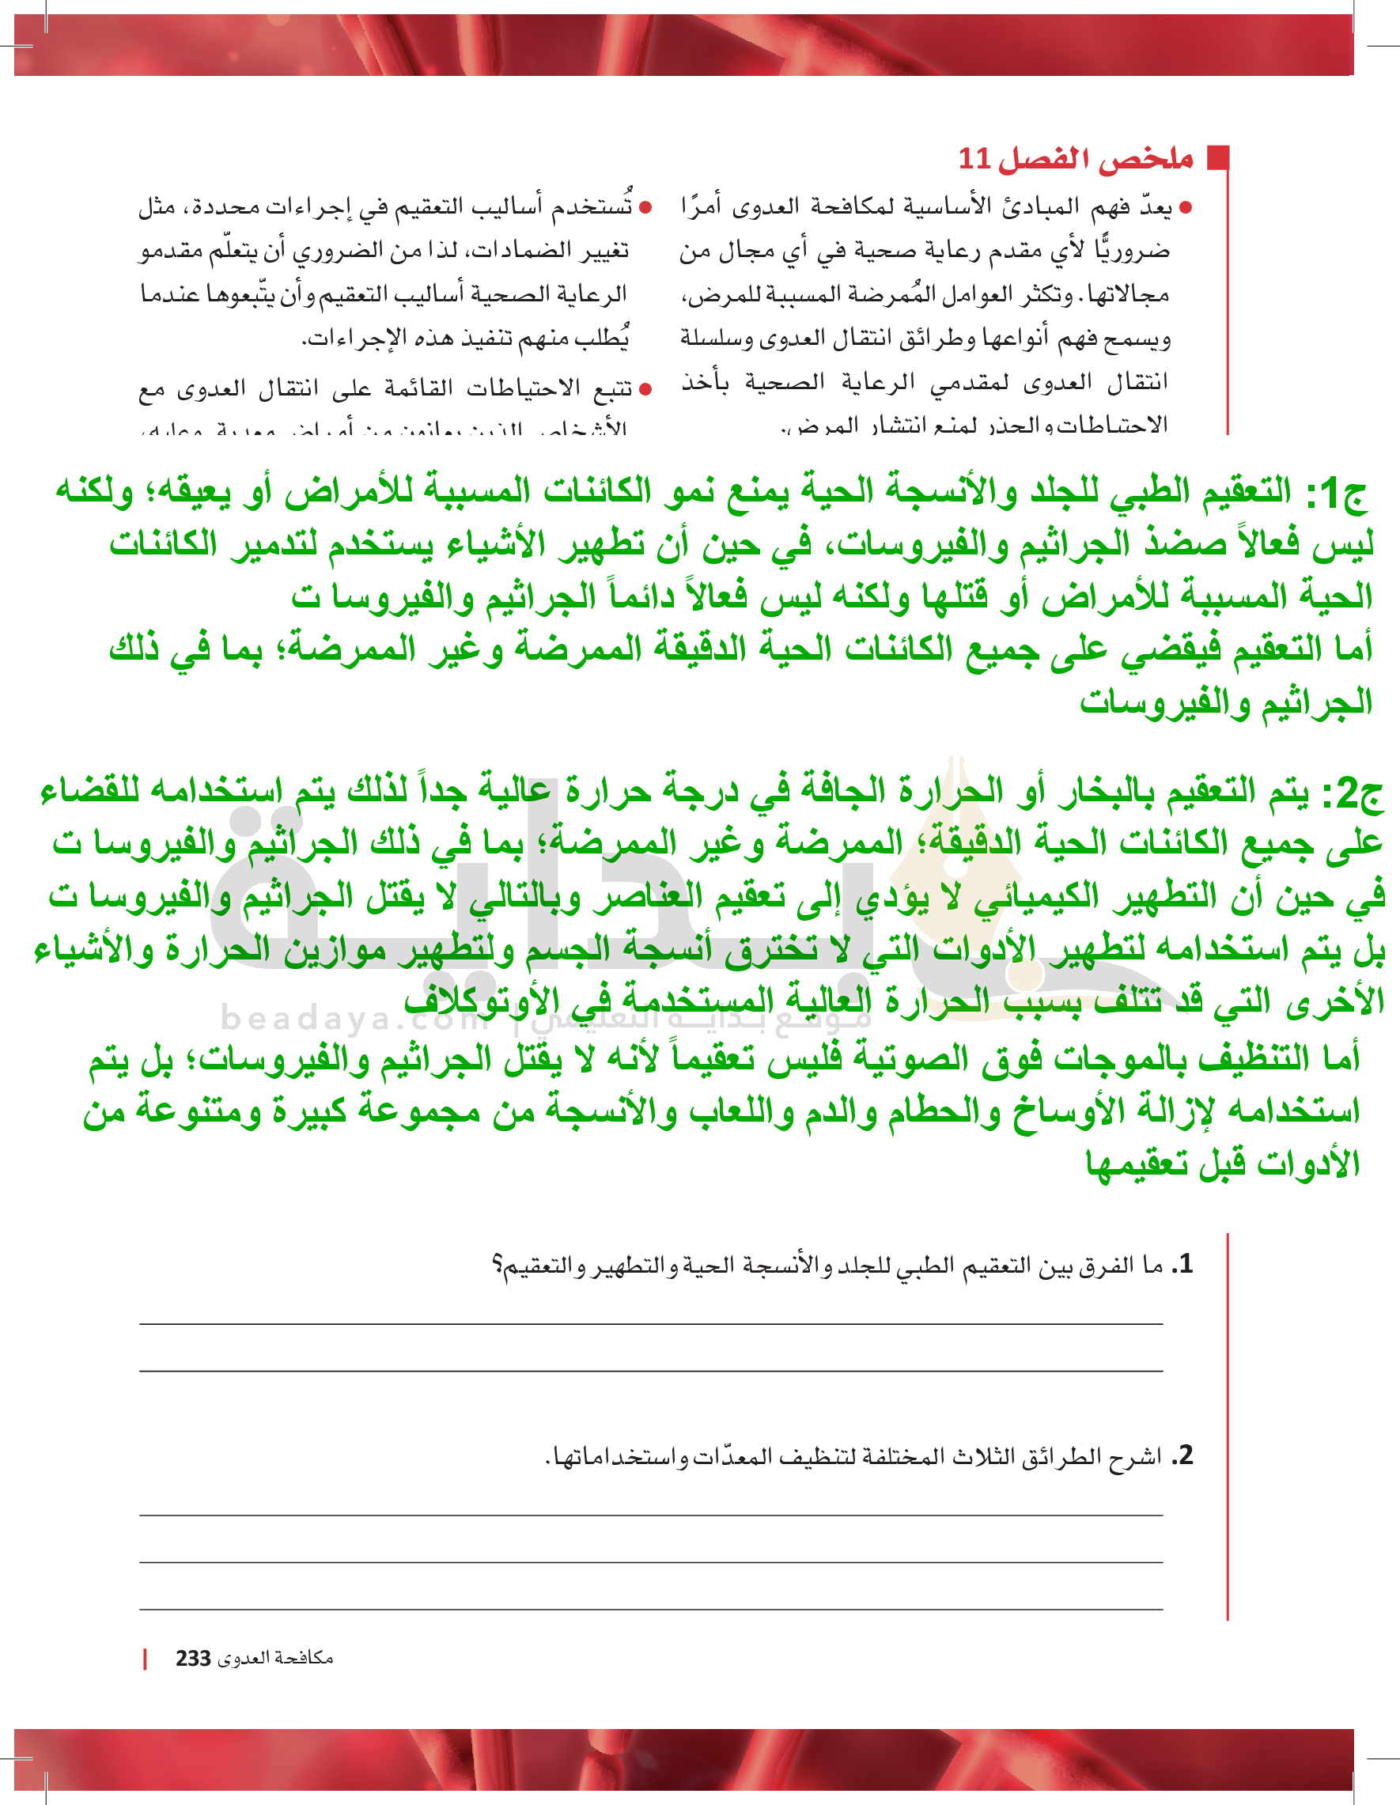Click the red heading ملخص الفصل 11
[x=1075, y=159]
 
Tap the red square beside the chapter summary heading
[x=1218, y=158]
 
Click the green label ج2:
[x=1351, y=793]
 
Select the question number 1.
[x=1184, y=1264]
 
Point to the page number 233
[x=193, y=1659]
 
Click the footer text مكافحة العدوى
[x=275, y=1658]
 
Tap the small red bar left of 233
[x=146, y=1659]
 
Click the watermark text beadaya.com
[x=355, y=1019]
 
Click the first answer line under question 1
[x=650, y=1324]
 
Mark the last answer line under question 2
[x=650, y=1609]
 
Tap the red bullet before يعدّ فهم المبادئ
[x=1186, y=208]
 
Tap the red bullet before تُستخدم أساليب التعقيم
[x=646, y=207]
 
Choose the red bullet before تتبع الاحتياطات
[x=646, y=388]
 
